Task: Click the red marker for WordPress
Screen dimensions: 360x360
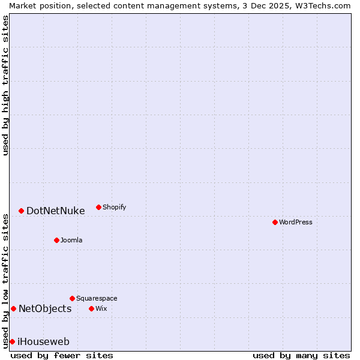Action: tap(275, 222)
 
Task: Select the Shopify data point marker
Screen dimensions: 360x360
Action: tap(98, 207)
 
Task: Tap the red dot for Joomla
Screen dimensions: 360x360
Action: tap(56, 240)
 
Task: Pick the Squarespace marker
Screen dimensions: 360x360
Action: tap(72, 298)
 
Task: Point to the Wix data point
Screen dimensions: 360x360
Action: tap(91, 308)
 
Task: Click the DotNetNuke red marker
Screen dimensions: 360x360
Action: tap(21, 211)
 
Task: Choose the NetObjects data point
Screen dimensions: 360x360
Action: tap(13, 308)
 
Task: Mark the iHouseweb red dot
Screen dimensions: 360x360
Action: tap(12, 341)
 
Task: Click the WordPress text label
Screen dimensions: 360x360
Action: tap(296, 222)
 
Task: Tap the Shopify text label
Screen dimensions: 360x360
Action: tap(115, 207)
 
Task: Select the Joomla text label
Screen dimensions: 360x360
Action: tap(71, 240)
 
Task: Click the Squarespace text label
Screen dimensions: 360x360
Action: tap(97, 298)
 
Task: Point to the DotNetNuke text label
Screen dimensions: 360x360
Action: tap(56, 211)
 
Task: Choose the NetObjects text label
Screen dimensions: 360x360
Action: tap(45, 308)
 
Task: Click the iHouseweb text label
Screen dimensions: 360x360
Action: tap(43, 342)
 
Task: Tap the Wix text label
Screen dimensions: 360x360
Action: tap(101, 308)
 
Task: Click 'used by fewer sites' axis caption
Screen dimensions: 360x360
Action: tap(62, 355)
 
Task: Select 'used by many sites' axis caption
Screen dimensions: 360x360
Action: tap(301, 355)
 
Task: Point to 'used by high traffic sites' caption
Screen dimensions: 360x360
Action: tap(5, 85)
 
